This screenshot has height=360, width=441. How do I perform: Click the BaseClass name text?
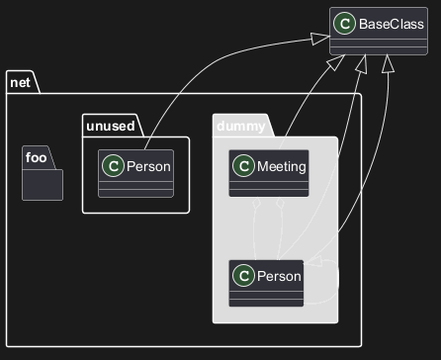(x=392, y=24)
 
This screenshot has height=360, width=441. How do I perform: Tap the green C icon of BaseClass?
(x=344, y=24)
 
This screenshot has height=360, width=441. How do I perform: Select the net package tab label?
(x=20, y=82)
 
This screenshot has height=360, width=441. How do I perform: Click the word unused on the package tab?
(x=111, y=126)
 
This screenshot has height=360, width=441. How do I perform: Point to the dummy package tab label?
(x=241, y=127)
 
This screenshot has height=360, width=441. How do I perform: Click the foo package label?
(x=36, y=157)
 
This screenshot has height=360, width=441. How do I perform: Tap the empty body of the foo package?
(x=43, y=185)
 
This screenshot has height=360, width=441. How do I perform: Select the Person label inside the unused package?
(x=148, y=166)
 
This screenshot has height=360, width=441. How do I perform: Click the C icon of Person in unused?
(x=113, y=166)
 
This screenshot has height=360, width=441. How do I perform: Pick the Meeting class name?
(x=282, y=166)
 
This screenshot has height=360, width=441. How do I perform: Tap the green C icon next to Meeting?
(x=243, y=166)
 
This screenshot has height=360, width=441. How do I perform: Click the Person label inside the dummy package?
(x=279, y=276)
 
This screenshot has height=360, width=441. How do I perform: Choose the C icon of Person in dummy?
(x=243, y=276)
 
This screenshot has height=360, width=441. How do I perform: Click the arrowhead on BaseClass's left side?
(x=320, y=39)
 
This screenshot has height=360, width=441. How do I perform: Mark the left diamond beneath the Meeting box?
(x=255, y=203)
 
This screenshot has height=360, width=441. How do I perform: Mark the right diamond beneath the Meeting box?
(x=280, y=203)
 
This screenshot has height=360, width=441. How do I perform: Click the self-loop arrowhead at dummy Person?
(x=313, y=261)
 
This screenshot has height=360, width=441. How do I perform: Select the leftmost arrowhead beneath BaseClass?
(x=336, y=62)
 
